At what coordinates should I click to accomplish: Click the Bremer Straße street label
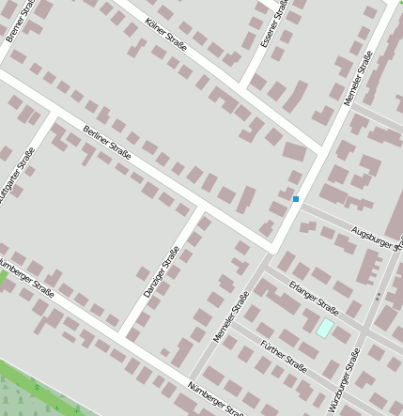click(16, 22)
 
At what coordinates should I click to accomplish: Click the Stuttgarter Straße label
click(18, 176)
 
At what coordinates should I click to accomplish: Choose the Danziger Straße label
click(161, 272)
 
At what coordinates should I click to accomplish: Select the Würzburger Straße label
click(344, 380)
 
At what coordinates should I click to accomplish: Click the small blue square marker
click(295, 199)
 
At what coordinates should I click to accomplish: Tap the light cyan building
click(324, 328)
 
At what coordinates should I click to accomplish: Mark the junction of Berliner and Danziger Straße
click(202, 207)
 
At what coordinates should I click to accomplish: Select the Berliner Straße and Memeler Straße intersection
click(272, 249)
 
